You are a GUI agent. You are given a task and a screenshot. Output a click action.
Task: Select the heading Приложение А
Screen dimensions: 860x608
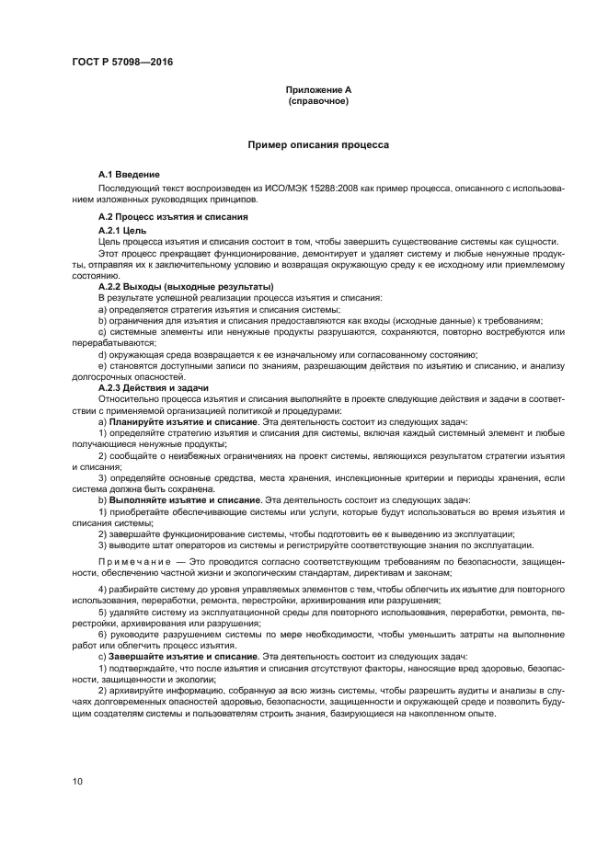318,89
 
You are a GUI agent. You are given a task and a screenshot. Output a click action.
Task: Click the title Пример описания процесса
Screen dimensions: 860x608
318,145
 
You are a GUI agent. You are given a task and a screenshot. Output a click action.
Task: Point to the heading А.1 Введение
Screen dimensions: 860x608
130,174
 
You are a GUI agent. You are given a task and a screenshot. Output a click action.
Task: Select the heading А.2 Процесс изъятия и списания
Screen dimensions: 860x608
173,216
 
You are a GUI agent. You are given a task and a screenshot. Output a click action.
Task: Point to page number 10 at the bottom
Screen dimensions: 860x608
78,782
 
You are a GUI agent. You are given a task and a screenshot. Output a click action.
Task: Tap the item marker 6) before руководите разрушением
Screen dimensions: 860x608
103,634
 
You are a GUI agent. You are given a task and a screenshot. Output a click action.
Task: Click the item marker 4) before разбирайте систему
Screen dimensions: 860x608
103,588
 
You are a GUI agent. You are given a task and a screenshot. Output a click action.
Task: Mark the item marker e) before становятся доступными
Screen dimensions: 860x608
102,366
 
